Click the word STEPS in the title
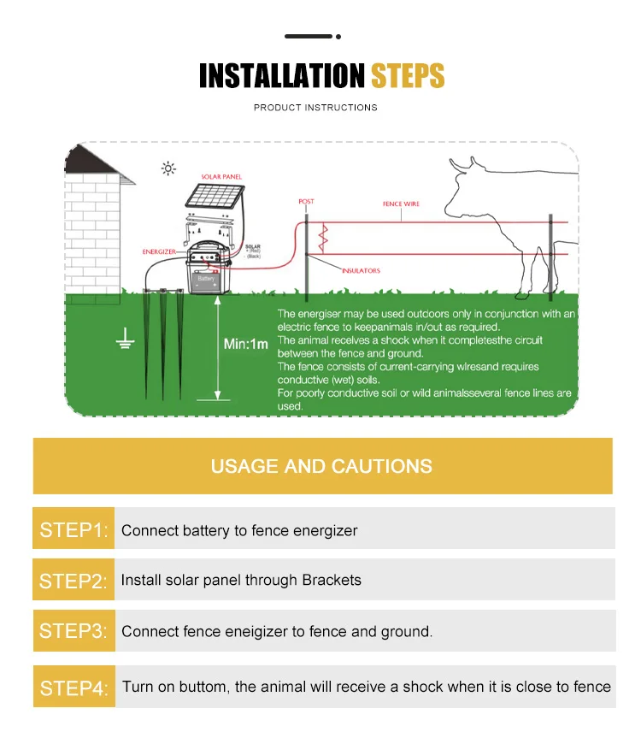point(408,76)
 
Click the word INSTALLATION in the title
point(282,76)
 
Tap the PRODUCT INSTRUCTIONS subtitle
point(315,108)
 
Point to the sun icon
point(168,168)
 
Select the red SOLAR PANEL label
point(221,177)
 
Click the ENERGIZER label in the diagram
point(159,252)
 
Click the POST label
point(306,202)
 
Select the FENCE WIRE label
point(401,204)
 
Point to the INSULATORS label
point(362,271)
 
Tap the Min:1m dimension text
point(246,344)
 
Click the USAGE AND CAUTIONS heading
point(321,466)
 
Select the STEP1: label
point(74,530)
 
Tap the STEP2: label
point(74,581)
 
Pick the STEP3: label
point(74,631)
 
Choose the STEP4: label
point(74,687)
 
